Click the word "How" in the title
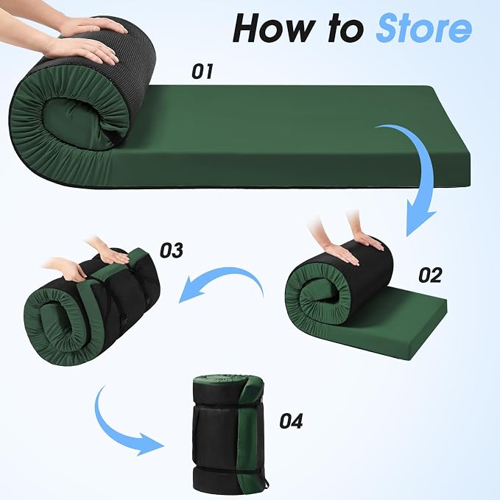click(274, 28)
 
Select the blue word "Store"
click(423, 28)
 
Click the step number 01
click(203, 71)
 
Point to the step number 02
click(430, 275)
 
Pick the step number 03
click(172, 250)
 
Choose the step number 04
click(291, 421)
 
